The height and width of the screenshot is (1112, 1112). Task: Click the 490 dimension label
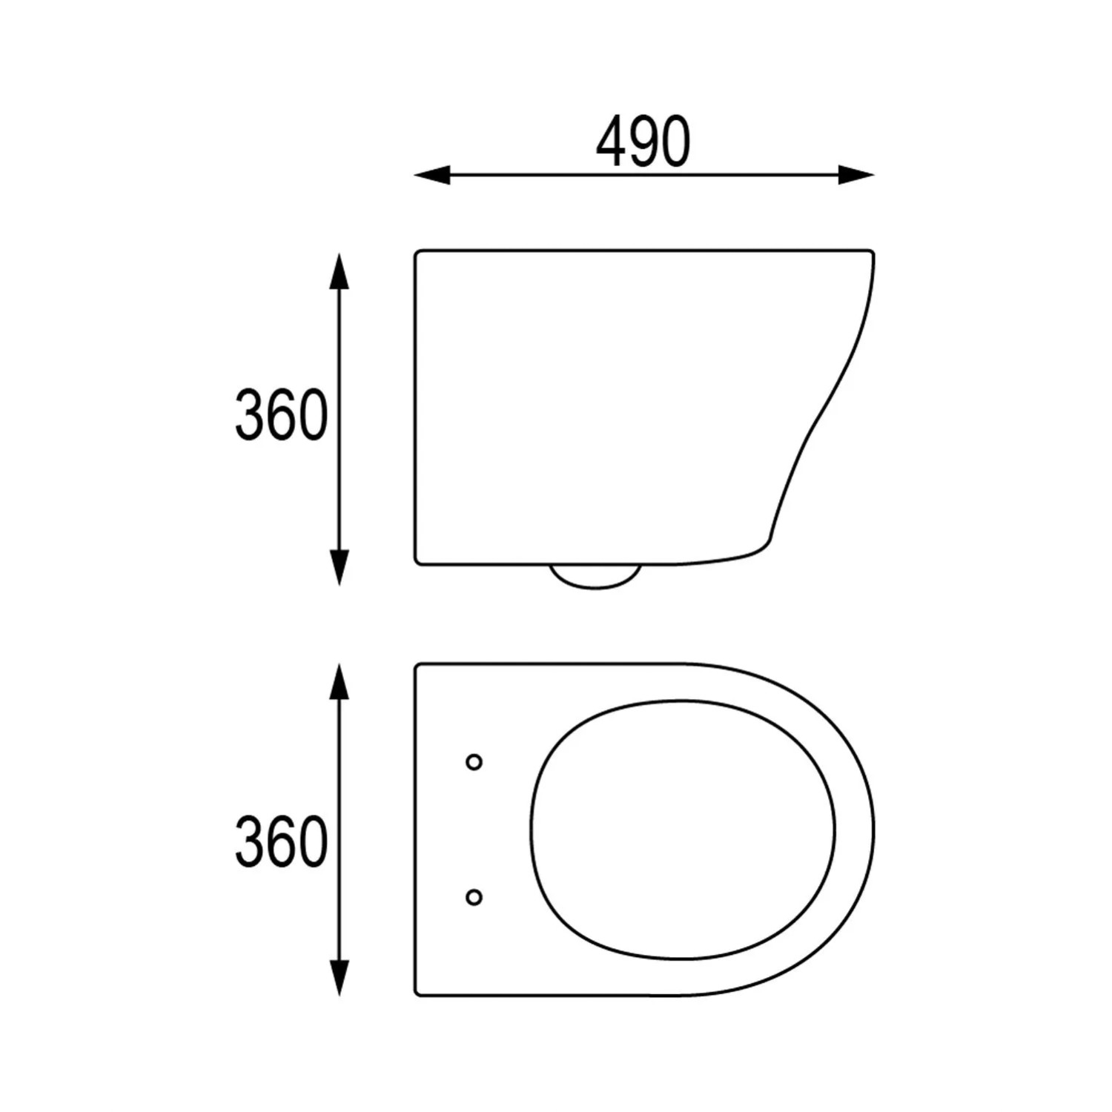click(643, 142)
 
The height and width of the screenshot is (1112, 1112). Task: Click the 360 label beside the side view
click(281, 415)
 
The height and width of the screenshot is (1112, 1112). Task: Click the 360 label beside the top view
click(281, 841)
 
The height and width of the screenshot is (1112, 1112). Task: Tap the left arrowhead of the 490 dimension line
click(431, 176)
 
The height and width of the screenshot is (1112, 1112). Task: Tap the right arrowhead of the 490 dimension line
click(856, 176)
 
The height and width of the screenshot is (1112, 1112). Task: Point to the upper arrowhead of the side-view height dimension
click(339, 271)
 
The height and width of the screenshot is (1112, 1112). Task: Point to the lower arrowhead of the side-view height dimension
click(339, 567)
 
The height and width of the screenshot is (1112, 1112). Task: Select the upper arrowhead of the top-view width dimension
click(339, 682)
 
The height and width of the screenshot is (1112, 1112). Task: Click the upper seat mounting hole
click(474, 762)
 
